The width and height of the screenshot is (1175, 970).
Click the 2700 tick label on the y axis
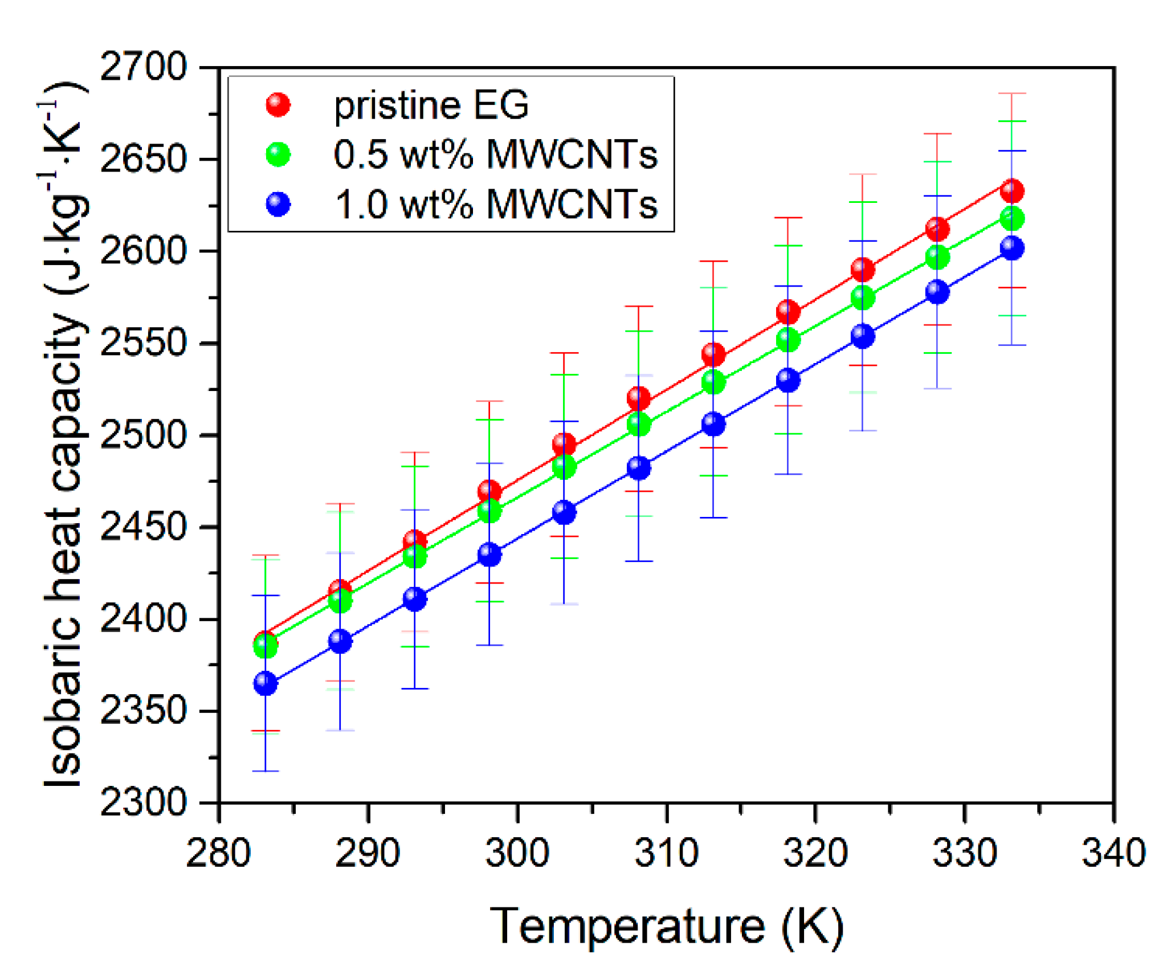143,67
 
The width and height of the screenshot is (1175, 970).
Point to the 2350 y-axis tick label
143,711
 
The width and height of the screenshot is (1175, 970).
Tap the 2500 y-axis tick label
143,435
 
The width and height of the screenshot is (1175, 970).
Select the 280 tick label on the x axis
218,854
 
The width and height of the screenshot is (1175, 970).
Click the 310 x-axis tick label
666,854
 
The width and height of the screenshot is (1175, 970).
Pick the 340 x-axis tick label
1113,854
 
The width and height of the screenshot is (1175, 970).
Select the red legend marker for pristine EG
278,105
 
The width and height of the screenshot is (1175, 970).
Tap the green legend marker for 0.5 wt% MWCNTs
278,155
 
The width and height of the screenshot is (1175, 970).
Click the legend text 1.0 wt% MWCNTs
496,205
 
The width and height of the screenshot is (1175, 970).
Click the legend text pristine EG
431,105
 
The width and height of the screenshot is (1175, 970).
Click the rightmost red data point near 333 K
1012,191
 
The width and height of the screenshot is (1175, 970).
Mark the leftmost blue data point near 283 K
266,683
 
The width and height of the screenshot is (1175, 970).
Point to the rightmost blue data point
1012,248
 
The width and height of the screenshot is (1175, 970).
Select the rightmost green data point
1012,218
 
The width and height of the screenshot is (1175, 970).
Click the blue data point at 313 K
713,424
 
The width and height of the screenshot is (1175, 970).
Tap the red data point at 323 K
863,269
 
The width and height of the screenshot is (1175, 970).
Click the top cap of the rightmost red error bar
1012,93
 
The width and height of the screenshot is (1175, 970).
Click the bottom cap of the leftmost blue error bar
266,771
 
